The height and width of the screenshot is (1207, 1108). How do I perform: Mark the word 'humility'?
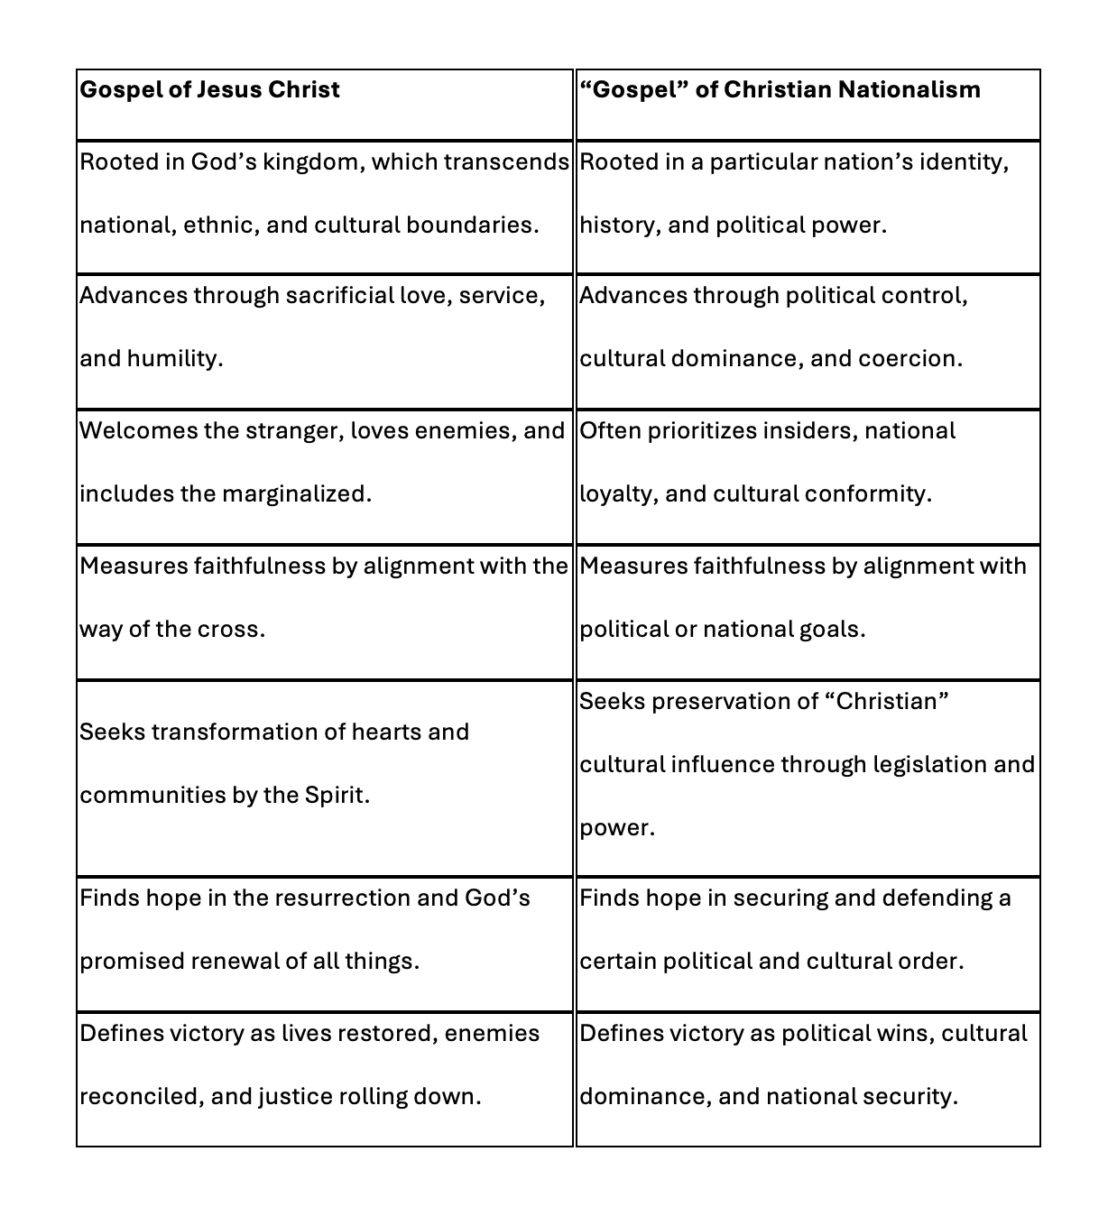click(x=174, y=358)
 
